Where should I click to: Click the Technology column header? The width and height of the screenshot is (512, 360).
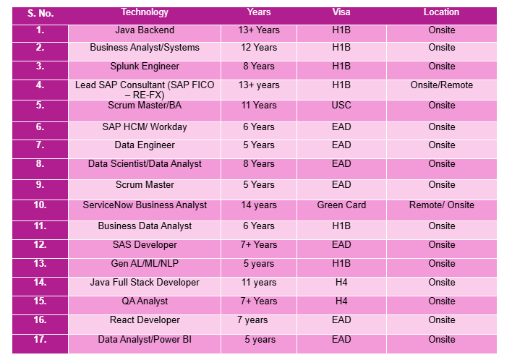coord(145,12)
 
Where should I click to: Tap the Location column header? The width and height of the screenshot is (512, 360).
coord(441,12)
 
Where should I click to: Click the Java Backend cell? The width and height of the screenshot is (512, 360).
coord(145,30)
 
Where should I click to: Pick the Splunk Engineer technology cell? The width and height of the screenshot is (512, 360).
coord(145,67)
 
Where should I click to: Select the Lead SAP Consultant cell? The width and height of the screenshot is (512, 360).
coord(145,90)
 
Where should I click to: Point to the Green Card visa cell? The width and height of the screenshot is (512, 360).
coord(341,205)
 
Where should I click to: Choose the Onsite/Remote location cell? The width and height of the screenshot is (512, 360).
coord(441,85)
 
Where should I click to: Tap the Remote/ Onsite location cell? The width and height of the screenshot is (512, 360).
coord(441,205)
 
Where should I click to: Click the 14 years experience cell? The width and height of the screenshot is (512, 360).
coord(259,205)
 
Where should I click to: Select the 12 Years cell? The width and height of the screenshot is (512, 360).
coord(259,48)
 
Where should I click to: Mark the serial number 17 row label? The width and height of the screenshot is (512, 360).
coord(40,339)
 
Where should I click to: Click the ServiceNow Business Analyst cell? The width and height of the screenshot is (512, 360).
coord(145,205)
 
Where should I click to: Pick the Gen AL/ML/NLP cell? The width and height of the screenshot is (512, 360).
coord(145,264)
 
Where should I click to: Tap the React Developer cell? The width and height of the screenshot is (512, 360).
coord(145,320)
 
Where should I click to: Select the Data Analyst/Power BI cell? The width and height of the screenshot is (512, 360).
coord(145,340)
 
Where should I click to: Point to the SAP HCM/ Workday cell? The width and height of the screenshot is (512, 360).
coord(145,127)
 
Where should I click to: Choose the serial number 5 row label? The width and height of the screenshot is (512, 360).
coord(40,106)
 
